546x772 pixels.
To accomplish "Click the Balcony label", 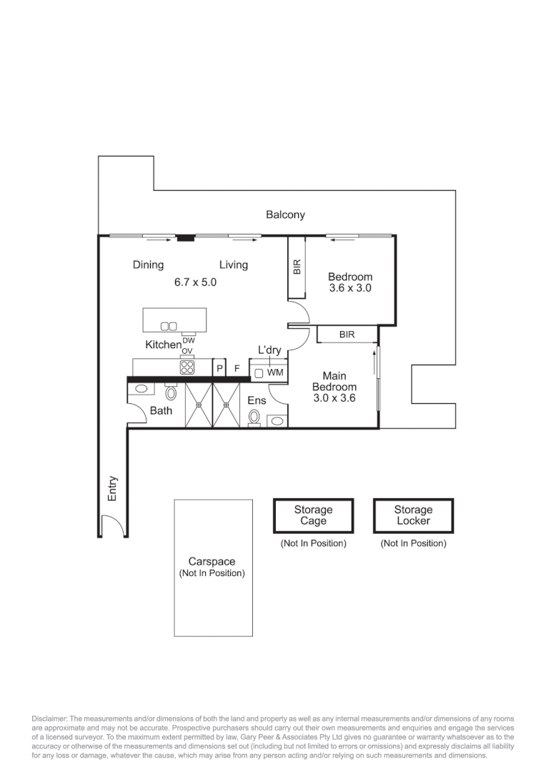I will tap(285, 214).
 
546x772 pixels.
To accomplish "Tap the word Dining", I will tap(148, 265).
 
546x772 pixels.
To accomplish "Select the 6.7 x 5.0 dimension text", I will tap(195, 282).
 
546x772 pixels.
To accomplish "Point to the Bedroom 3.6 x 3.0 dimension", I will tap(350, 289).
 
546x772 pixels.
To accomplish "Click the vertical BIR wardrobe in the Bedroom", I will tap(297, 268).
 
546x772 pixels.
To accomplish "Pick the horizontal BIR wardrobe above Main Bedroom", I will tap(347, 335).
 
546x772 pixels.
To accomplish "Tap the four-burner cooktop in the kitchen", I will tap(187, 367).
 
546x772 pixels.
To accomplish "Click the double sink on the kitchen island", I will tap(169, 327).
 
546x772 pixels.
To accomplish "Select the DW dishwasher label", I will tap(188, 341).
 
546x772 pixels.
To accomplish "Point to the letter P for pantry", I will tap(220, 368).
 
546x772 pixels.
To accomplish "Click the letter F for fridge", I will tap(237, 368).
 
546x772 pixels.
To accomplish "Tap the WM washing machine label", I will tap(275, 373).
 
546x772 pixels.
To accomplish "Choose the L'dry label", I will tap(269, 350).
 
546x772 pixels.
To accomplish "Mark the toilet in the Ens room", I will tap(254, 417).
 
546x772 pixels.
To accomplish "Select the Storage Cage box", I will tap(313, 516).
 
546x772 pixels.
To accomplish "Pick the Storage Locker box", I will tap(413, 516).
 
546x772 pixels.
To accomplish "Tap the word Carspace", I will tap(212, 562).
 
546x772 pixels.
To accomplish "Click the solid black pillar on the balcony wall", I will tap(186, 238).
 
